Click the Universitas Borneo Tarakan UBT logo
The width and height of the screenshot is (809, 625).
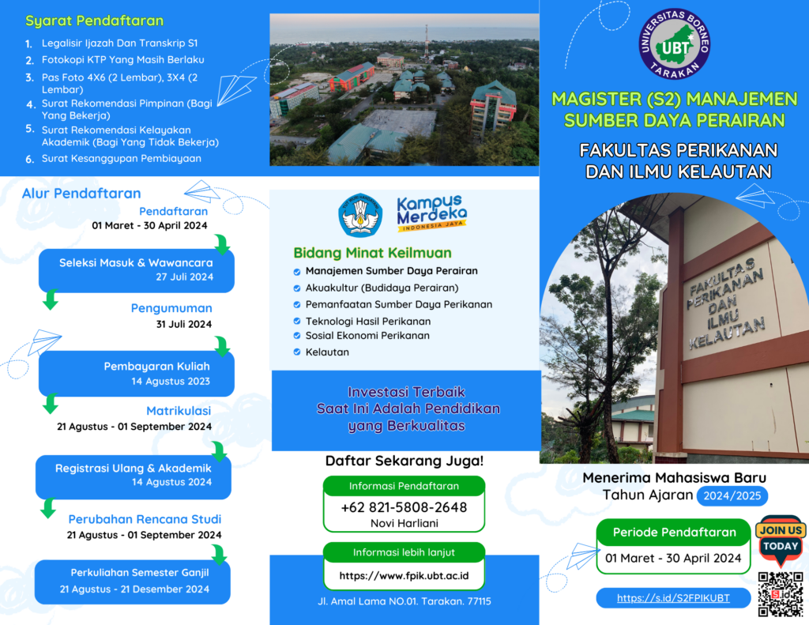click(x=675, y=44)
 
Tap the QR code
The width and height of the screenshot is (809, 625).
click(x=780, y=593)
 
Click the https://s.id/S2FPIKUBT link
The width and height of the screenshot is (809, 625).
click(x=673, y=598)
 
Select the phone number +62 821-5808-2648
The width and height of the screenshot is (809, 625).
click(x=404, y=507)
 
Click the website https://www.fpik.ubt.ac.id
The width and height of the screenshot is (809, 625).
click(x=404, y=576)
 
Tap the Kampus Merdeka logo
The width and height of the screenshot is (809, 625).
click(x=432, y=213)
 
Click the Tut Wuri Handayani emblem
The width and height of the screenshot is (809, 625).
click(x=360, y=215)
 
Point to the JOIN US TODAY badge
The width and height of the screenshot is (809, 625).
click(x=781, y=539)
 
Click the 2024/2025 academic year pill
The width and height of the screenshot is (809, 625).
click(x=732, y=496)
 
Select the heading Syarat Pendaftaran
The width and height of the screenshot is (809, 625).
click(x=95, y=21)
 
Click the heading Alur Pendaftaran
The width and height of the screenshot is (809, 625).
click(x=81, y=194)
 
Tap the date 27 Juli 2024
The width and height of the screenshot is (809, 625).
click(x=185, y=277)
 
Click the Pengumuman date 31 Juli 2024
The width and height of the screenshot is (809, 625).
click(x=184, y=324)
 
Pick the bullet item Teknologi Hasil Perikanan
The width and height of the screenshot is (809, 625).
click(x=368, y=321)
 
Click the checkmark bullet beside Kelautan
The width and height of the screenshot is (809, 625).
click(x=297, y=352)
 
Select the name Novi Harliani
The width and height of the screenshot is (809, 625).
click(x=404, y=523)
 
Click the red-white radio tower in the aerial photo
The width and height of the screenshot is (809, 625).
click(x=426, y=41)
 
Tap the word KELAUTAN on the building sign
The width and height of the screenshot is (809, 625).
click(x=728, y=333)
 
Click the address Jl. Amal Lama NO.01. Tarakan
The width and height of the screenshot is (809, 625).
click(x=404, y=601)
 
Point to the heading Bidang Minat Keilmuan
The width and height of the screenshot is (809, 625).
click(x=373, y=253)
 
